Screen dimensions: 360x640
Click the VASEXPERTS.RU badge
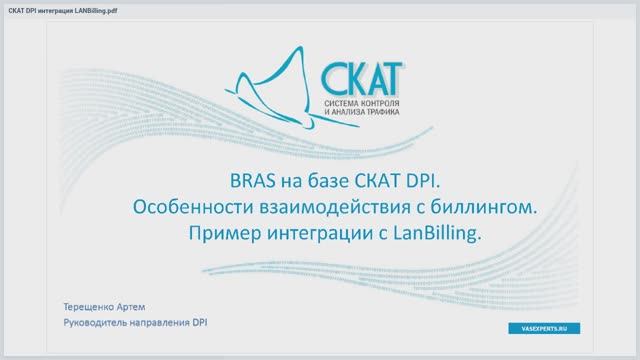coord(543,328)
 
